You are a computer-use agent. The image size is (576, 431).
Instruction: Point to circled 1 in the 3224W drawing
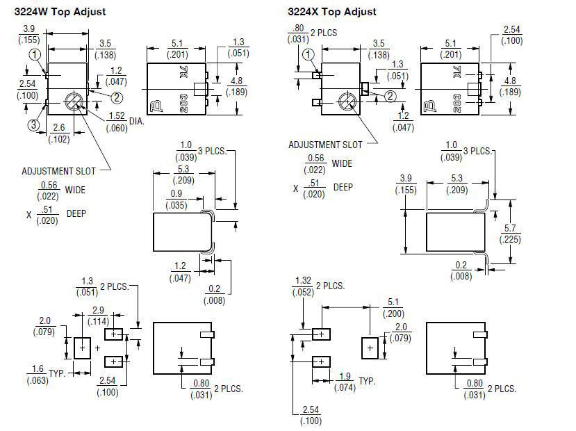[35, 54]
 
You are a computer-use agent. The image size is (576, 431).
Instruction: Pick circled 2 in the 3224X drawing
[390, 96]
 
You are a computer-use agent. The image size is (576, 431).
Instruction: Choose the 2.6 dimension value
[59, 127]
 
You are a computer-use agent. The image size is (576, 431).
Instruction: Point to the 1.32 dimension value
[304, 281]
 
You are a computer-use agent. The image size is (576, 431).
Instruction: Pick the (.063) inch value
[37, 380]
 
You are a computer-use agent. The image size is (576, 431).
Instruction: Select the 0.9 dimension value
[176, 193]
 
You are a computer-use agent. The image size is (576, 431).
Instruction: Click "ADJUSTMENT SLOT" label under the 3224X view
[325, 145]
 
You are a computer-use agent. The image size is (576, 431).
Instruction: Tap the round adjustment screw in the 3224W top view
[72, 101]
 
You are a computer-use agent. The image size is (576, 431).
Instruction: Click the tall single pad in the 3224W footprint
[82, 346]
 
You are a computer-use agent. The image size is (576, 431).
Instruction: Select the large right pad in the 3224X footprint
[370, 346]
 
